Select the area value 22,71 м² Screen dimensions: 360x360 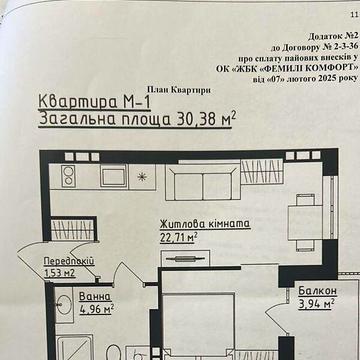181,238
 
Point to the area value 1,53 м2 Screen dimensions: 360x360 61,271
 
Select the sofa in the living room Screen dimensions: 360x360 201,182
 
